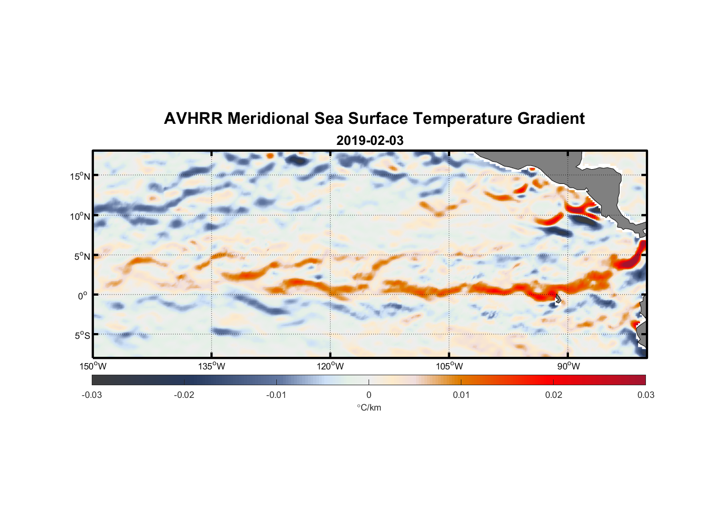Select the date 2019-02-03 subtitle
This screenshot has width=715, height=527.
(x=370, y=141)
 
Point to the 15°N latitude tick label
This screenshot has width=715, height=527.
(x=80, y=176)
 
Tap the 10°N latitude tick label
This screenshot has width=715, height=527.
(x=80, y=216)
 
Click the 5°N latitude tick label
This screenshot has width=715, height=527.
(x=82, y=256)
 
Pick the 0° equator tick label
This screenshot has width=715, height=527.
(x=83, y=296)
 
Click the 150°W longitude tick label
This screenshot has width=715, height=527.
(x=93, y=366)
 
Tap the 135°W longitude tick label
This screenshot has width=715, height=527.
(x=212, y=366)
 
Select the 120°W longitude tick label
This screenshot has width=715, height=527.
(x=331, y=366)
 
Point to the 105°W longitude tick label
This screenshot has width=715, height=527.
(x=449, y=366)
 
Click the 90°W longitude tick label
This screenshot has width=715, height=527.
(x=568, y=366)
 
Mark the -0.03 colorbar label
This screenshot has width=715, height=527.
(x=92, y=395)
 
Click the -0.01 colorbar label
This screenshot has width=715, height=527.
(x=276, y=395)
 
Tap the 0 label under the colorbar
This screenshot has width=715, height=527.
(x=369, y=395)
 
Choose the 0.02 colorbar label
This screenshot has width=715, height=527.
(x=554, y=395)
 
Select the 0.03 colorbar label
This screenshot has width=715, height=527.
(x=645, y=395)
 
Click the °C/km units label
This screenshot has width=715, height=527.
(x=369, y=407)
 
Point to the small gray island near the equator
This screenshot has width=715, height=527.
(x=558, y=299)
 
